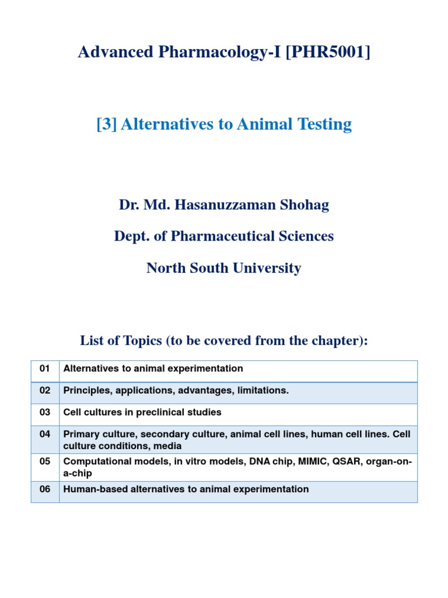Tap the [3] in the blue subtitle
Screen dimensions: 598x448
[106, 124]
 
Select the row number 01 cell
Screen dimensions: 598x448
[45, 368]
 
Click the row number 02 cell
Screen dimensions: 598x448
[45, 390]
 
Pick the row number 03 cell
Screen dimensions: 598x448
[45, 412]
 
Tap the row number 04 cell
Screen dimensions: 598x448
[45, 434]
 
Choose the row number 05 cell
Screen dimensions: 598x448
[45, 461]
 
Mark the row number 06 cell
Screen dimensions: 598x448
[45, 489]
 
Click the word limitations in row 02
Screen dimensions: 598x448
[262, 390]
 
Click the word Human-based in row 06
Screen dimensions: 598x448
[90, 489]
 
